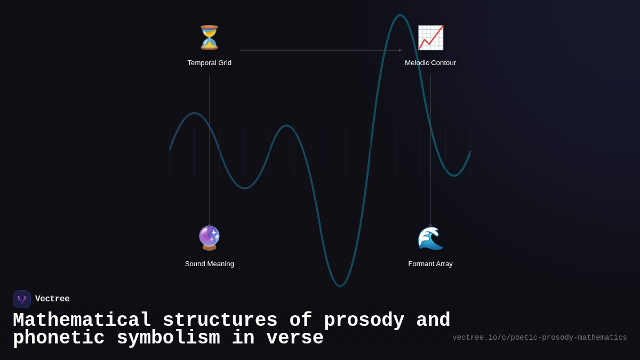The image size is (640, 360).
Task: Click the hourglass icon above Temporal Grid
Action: pyautogui.click(x=209, y=38)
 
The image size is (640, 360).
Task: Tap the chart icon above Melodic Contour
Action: pyautogui.click(x=430, y=38)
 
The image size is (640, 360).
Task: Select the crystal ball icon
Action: pyautogui.click(x=209, y=238)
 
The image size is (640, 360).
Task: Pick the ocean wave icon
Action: pyautogui.click(x=430, y=238)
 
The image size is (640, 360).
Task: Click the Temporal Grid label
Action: pyautogui.click(x=209, y=63)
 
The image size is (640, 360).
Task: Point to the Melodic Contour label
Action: pyautogui.click(x=430, y=63)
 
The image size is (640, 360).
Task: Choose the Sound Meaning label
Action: pyautogui.click(x=209, y=264)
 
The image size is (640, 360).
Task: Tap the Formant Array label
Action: pyautogui.click(x=430, y=264)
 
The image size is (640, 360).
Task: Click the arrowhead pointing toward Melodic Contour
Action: pyautogui.click(x=400, y=50)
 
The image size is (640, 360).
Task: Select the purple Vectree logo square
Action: pyautogui.click(x=22, y=299)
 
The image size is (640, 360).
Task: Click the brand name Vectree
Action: pyautogui.click(x=52, y=299)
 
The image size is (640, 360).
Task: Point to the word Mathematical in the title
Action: pyautogui.click(x=82, y=321)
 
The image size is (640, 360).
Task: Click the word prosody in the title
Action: pyautogui.click(x=364, y=321)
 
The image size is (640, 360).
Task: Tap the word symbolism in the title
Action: pyautogui.click(x=168, y=338)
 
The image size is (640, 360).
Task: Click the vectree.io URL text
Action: pyautogui.click(x=539, y=338)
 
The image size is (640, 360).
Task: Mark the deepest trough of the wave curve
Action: pyautogui.click(x=340, y=285)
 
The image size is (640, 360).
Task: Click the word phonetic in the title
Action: pyautogui.click(x=59, y=338)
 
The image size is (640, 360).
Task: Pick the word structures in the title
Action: pyautogui.click(x=220, y=321)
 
